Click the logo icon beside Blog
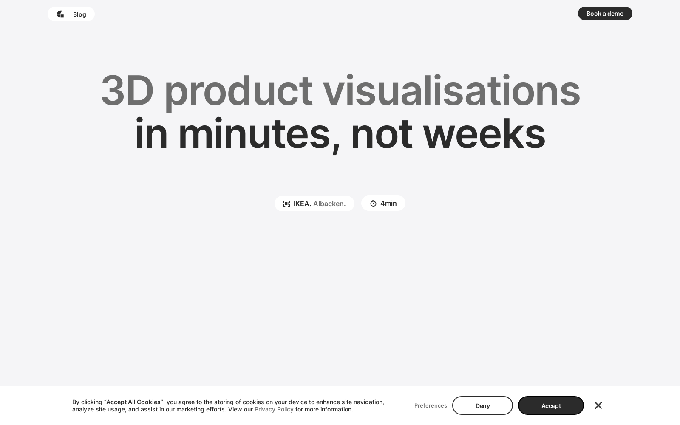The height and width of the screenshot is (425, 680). pyautogui.click(x=60, y=14)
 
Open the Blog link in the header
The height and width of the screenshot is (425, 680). pyautogui.click(x=79, y=14)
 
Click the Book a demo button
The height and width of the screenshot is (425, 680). pyautogui.click(x=605, y=14)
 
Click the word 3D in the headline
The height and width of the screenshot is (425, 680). pyautogui.click(x=127, y=90)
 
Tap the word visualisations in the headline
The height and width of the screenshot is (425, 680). pyautogui.click(x=451, y=90)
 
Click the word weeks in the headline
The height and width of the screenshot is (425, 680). pyautogui.click(x=484, y=133)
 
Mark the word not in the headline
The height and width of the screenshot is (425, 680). pyautogui.click(x=382, y=134)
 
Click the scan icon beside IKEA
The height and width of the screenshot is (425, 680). pyautogui.click(x=286, y=204)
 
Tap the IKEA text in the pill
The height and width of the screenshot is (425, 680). pyautogui.click(x=302, y=204)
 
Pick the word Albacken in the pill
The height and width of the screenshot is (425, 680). pyautogui.click(x=329, y=204)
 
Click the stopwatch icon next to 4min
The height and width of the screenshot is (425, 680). pyautogui.click(x=374, y=204)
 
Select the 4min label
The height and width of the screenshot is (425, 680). pyautogui.click(x=388, y=204)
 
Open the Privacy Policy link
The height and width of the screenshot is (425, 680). pyautogui.click(x=274, y=410)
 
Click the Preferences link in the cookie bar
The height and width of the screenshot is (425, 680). pyautogui.click(x=431, y=405)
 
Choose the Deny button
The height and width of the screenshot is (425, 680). pyautogui.click(x=482, y=405)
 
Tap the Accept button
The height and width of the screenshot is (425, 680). pyautogui.click(x=551, y=405)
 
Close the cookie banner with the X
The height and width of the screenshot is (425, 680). pyautogui.click(x=598, y=405)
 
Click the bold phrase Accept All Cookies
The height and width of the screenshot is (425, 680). pyautogui.click(x=133, y=402)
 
